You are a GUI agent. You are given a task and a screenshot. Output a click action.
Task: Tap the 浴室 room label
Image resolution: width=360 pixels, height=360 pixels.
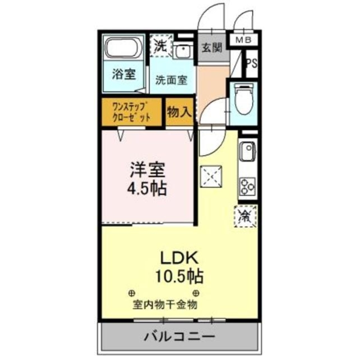coord(123,75)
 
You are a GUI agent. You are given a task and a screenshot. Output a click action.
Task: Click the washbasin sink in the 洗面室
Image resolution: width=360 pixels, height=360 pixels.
coord(184,51)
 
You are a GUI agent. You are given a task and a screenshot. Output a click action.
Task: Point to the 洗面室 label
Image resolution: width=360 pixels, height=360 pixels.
coord(171,80)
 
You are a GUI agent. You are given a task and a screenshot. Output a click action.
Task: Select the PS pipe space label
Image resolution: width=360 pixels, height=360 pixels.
coord(252,64)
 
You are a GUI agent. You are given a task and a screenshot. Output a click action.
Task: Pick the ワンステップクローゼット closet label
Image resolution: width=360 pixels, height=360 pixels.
coord(131,112)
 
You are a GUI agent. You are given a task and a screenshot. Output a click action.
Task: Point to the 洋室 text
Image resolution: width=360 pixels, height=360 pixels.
coord(148,170)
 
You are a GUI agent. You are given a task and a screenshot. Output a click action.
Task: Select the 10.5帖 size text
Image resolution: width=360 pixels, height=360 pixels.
coord(179,276)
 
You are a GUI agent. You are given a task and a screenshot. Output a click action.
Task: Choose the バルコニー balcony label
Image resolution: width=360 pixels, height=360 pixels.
coord(180,337)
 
